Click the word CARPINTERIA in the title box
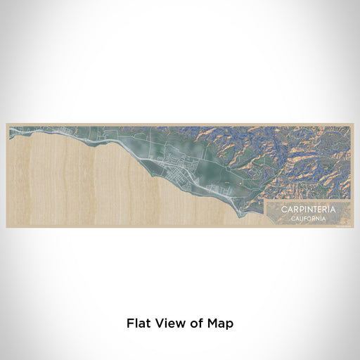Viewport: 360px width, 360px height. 307,210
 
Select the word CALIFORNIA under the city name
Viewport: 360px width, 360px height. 307,218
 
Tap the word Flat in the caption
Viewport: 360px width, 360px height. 137,323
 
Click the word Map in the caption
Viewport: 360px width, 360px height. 219,323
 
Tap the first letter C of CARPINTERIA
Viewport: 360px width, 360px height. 283,210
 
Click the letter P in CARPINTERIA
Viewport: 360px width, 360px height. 297,210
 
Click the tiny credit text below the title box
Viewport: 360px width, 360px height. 342,225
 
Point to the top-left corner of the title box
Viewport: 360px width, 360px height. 264,200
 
